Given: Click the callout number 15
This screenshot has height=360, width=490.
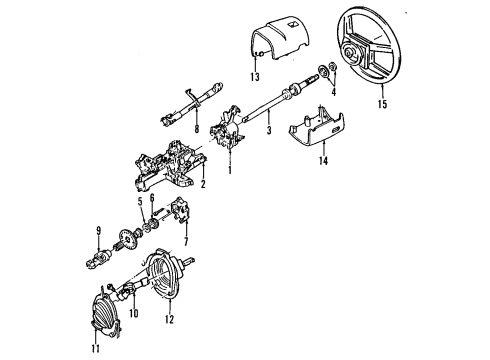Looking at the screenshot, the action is [383, 104].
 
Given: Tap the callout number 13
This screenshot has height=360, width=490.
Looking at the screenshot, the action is [255, 77].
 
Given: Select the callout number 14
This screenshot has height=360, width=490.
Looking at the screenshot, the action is [323, 161].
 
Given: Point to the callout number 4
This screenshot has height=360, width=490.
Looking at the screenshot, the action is [334, 92].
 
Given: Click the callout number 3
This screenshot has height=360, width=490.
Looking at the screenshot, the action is [269, 130].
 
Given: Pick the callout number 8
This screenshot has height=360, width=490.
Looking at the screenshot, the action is [197, 129].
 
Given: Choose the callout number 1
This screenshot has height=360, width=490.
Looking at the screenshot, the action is [229, 170].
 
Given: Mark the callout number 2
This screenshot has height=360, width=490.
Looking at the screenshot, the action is [203, 183].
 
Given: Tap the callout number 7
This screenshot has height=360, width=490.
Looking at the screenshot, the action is [186, 241].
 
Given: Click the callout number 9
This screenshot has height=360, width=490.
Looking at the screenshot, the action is [98, 231].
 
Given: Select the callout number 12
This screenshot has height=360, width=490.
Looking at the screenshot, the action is [169, 319].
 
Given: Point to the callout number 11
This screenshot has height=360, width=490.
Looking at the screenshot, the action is [96, 348].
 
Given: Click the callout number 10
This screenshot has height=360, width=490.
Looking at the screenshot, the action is [134, 314].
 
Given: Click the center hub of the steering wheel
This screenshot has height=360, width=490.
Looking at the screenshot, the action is [350, 53].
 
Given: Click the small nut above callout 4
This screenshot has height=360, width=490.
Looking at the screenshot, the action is [332, 66].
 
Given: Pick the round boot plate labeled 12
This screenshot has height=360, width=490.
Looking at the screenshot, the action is [162, 273].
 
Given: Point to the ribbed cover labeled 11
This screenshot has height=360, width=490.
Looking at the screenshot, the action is [104, 313].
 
